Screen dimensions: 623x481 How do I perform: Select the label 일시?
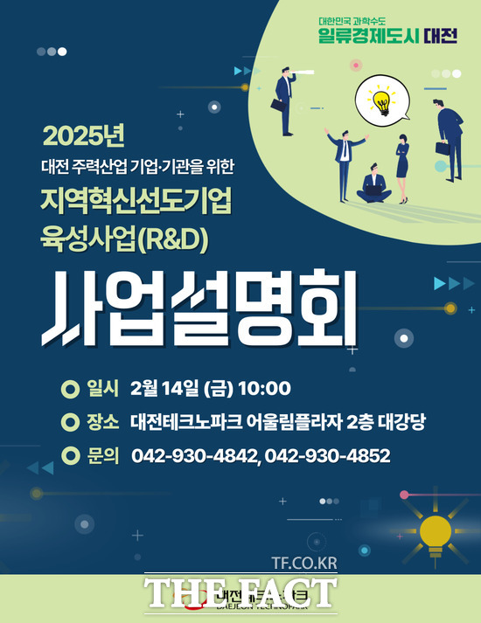(x=103, y=389)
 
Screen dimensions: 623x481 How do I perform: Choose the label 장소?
(x=103, y=422)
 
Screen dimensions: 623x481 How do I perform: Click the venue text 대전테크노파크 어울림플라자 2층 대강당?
(x=278, y=422)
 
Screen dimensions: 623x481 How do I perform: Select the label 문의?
(x=103, y=455)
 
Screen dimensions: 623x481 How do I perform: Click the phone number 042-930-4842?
(x=194, y=455)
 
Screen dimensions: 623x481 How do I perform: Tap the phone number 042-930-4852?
(x=328, y=455)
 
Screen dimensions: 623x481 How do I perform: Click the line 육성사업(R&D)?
(x=124, y=239)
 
